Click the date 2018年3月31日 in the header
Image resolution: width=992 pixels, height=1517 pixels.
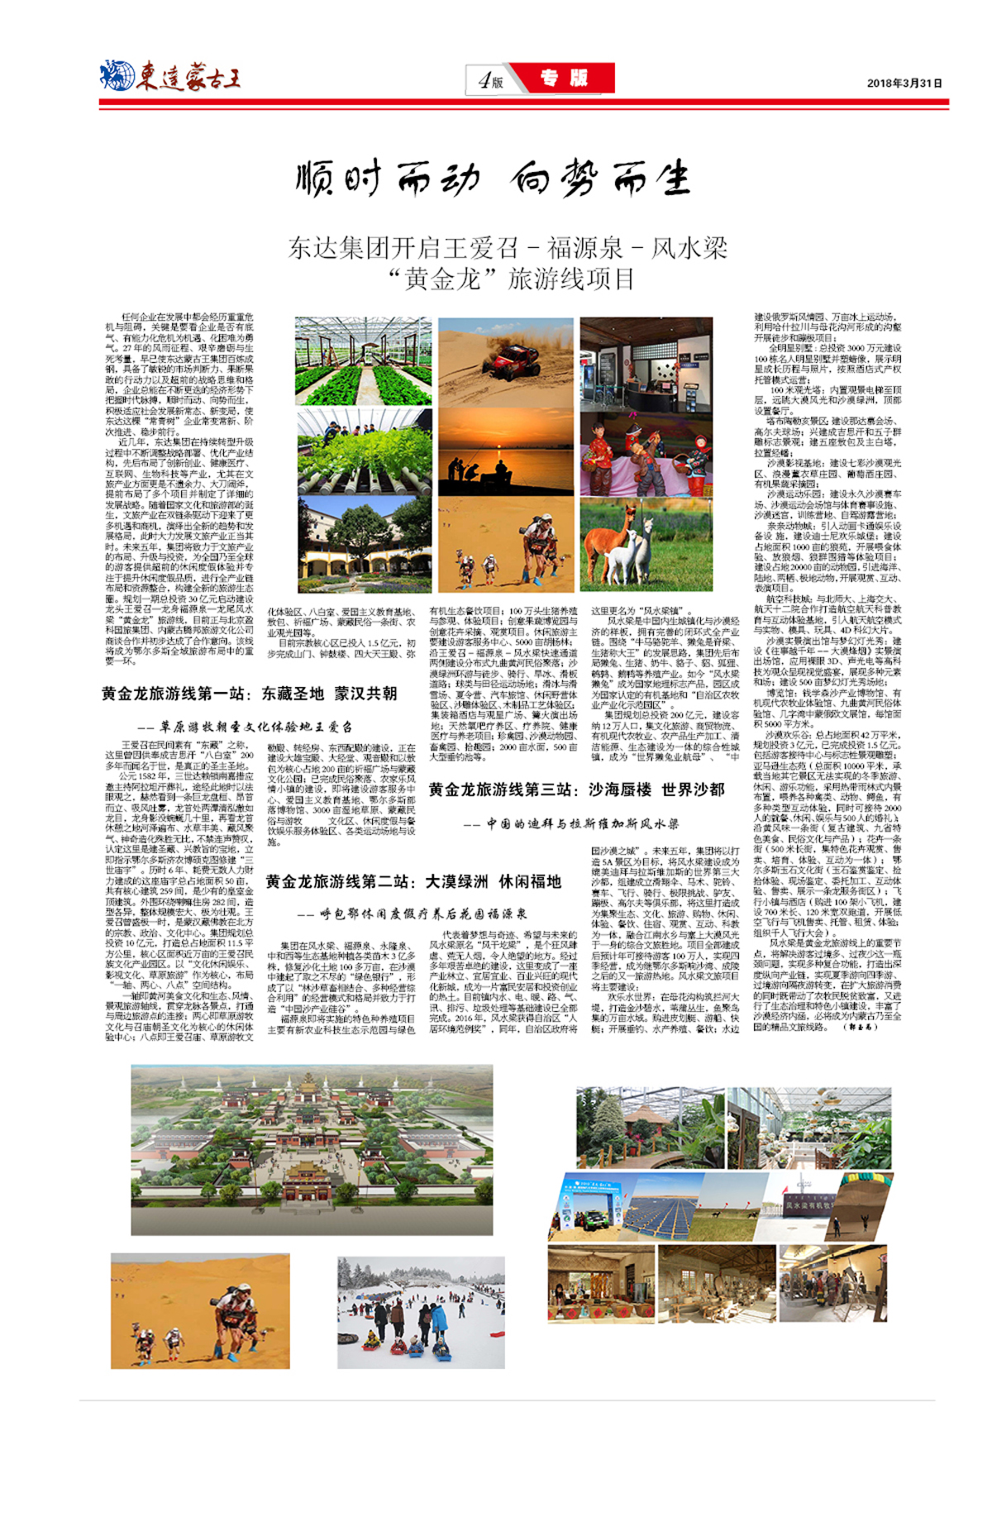pyautogui.click(x=904, y=83)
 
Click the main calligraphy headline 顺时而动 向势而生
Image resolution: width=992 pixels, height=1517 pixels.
pyautogui.click(x=493, y=179)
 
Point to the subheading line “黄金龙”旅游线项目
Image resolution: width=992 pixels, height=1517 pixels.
pyautogui.click(x=511, y=279)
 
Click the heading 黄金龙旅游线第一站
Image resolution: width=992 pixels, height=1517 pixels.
pyautogui.click(x=248, y=694)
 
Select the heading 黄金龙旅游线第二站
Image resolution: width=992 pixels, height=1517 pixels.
pyautogui.click(x=413, y=882)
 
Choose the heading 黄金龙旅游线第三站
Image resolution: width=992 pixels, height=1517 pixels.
pyautogui.click(x=576, y=790)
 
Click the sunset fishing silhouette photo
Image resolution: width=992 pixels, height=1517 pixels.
pyautogui.click(x=505, y=451)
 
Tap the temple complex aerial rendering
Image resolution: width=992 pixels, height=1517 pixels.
pyautogui.click(x=312, y=1149)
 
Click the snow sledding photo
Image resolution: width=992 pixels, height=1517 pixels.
pyautogui.click(x=421, y=1312)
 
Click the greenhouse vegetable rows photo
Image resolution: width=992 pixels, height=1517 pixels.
pyautogui.click(x=363, y=361)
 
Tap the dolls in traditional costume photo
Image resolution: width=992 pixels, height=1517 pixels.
pyautogui.click(x=646, y=451)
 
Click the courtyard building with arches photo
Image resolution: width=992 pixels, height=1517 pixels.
pyautogui.click(x=363, y=544)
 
